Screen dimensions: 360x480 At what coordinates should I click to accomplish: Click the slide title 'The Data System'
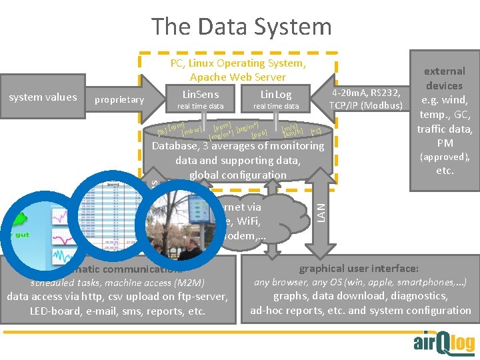click(241, 27)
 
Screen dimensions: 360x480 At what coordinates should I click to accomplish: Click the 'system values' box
click(43, 97)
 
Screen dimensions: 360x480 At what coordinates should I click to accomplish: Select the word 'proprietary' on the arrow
click(119, 100)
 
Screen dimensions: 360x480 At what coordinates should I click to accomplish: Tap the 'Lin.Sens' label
click(200, 95)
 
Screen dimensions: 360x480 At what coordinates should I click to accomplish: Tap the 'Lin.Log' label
click(275, 95)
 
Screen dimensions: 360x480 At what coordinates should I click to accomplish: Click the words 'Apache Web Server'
click(238, 77)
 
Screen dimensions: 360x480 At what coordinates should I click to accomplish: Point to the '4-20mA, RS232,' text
click(366, 93)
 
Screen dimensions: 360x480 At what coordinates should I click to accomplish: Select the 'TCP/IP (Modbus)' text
click(366, 106)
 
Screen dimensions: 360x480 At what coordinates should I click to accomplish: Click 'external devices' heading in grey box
click(445, 78)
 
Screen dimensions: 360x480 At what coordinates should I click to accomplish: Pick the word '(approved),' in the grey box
click(445, 157)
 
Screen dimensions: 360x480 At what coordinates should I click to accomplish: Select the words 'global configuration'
click(237, 175)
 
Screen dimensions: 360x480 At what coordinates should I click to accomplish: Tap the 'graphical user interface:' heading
click(359, 268)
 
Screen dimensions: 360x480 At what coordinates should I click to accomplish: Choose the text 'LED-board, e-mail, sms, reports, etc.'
click(117, 311)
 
